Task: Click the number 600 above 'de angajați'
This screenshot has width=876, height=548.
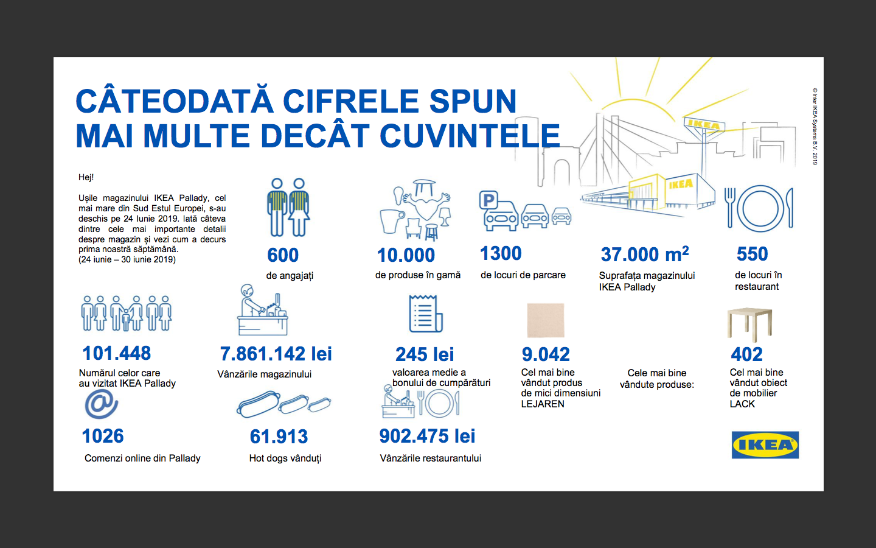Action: click(x=283, y=255)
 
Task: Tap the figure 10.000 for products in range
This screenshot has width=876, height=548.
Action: click(x=406, y=255)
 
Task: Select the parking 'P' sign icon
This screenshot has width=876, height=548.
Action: click(x=488, y=200)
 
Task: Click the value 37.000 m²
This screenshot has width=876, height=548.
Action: click(x=644, y=254)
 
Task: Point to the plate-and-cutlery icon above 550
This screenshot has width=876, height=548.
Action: click(x=759, y=208)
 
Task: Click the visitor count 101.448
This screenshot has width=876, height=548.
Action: click(x=117, y=353)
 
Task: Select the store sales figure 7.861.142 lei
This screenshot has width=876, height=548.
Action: click(x=276, y=354)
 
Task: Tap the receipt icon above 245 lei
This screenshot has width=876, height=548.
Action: click(x=425, y=314)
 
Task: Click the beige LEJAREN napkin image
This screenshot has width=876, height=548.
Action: click(x=545, y=320)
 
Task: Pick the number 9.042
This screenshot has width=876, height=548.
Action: click(x=546, y=354)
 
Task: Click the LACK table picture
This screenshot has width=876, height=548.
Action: click(x=749, y=323)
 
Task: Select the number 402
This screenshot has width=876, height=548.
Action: click(x=746, y=354)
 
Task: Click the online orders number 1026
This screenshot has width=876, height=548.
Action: click(x=103, y=436)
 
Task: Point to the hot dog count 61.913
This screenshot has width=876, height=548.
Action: click(x=279, y=437)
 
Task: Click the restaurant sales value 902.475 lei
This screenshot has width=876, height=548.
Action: click(x=427, y=436)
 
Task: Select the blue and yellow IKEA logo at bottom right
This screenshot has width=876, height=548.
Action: click(x=765, y=445)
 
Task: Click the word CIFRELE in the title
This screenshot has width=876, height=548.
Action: click(x=351, y=102)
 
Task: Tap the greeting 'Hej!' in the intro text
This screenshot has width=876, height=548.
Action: click(x=86, y=177)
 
